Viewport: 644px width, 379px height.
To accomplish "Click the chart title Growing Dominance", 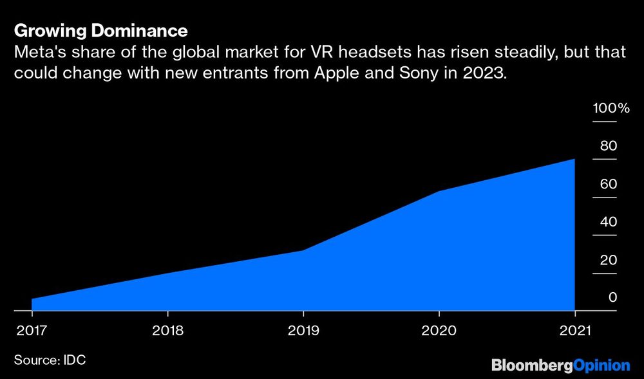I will pyautogui.click(x=100, y=30).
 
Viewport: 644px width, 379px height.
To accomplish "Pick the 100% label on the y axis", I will pyautogui.click(x=611, y=107).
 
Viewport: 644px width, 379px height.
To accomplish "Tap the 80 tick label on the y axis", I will pyautogui.click(x=609, y=145).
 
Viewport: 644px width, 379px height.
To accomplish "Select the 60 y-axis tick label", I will pyautogui.click(x=609, y=184).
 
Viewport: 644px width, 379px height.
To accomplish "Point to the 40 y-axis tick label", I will pyautogui.click(x=609, y=222).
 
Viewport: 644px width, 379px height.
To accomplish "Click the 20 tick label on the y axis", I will pyautogui.click(x=609, y=260).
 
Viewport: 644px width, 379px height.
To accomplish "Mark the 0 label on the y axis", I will pyautogui.click(x=612, y=297).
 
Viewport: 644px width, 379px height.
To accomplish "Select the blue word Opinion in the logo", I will pyautogui.click(x=601, y=365).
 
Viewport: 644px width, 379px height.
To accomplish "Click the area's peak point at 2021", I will pyautogui.click(x=574, y=159).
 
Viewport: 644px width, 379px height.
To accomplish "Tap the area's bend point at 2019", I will pyautogui.click(x=303, y=250).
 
